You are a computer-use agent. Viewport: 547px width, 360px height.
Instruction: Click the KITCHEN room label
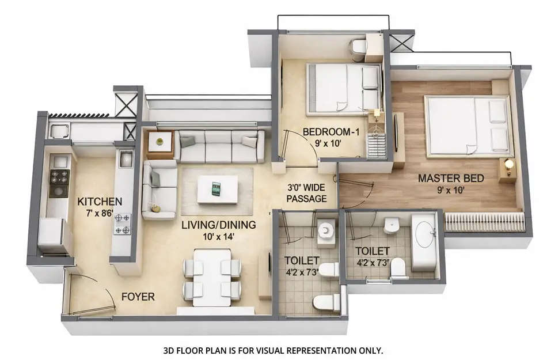point(100,202)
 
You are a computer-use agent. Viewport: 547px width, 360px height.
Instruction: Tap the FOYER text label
point(138,297)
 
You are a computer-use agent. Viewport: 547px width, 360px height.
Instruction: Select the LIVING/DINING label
point(219,225)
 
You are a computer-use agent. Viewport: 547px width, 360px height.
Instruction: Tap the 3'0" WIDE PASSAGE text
point(307,194)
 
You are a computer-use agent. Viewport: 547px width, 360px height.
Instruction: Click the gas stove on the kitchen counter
point(59,183)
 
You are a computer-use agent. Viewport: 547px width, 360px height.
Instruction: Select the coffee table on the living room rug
point(217,189)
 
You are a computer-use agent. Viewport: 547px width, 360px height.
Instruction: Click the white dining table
point(211,276)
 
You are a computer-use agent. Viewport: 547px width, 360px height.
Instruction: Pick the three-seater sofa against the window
point(219,146)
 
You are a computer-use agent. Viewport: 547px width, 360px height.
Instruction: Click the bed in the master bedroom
point(466,126)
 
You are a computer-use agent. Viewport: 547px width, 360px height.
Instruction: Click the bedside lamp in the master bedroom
point(508,165)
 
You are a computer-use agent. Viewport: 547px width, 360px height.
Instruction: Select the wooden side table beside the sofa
point(160,142)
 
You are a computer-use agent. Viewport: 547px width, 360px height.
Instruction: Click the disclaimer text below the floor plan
point(273,350)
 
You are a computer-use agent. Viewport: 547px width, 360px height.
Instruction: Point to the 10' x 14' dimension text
point(219,236)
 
